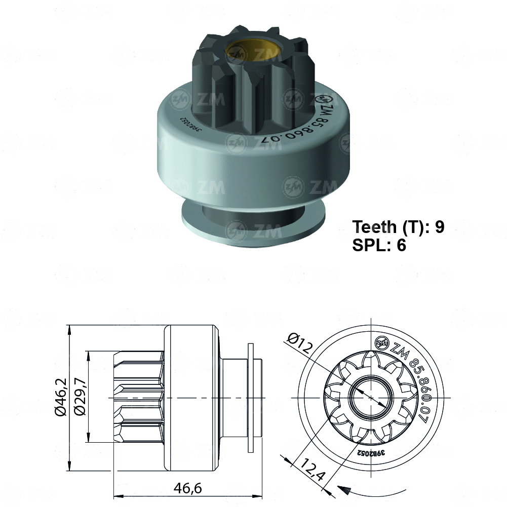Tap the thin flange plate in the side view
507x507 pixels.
tap(251, 398)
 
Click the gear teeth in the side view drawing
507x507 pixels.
tap(139, 398)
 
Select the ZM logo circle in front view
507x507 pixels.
tap(381, 343)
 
